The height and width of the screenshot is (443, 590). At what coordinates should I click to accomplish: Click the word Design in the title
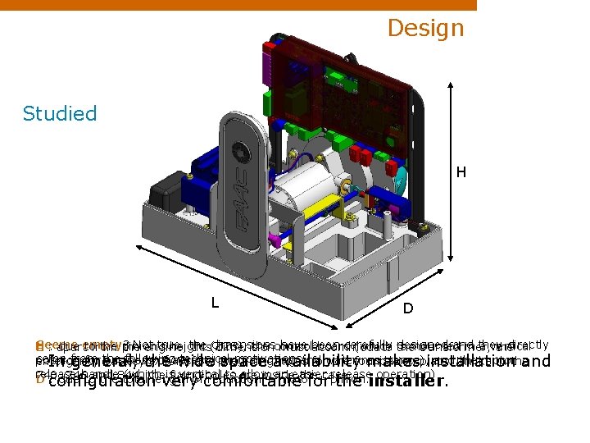tap(425, 28)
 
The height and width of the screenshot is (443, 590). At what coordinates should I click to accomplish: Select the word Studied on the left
tap(60, 113)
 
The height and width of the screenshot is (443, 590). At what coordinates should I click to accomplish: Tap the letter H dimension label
tap(461, 172)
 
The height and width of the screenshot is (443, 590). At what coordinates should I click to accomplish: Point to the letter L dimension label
tap(215, 302)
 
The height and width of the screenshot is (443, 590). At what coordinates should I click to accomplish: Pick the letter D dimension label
tap(407, 308)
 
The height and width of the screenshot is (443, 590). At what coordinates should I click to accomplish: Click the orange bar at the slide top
tap(238, 5)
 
